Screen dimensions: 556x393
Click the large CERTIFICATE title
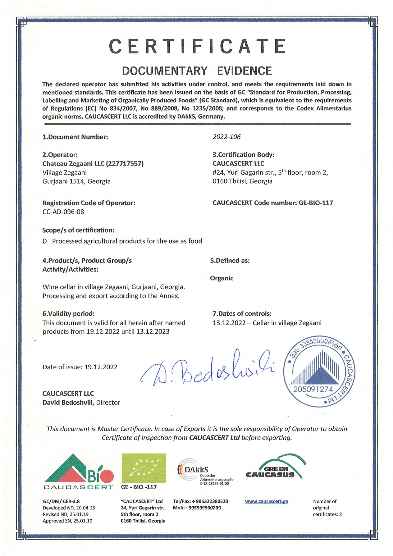coord(197,47)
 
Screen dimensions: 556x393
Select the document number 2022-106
coord(226,137)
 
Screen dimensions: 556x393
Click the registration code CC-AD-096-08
coord(63,212)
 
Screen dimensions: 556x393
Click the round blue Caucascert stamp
coord(319,373)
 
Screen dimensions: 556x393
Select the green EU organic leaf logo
coord(144,468)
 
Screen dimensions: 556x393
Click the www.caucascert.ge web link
coord(266,501)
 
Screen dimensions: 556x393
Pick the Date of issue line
coord(80,367)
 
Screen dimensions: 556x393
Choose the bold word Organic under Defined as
coord(222,278)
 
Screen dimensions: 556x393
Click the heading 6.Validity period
coord(68,314)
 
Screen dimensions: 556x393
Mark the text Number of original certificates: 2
coord(327,508)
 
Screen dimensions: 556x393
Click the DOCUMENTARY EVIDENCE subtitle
coord(197,71)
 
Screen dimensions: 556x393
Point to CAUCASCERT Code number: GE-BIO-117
coord(272,203)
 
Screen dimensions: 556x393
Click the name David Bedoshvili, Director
coord(81,403)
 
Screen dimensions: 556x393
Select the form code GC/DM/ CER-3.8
coord(61,501)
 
